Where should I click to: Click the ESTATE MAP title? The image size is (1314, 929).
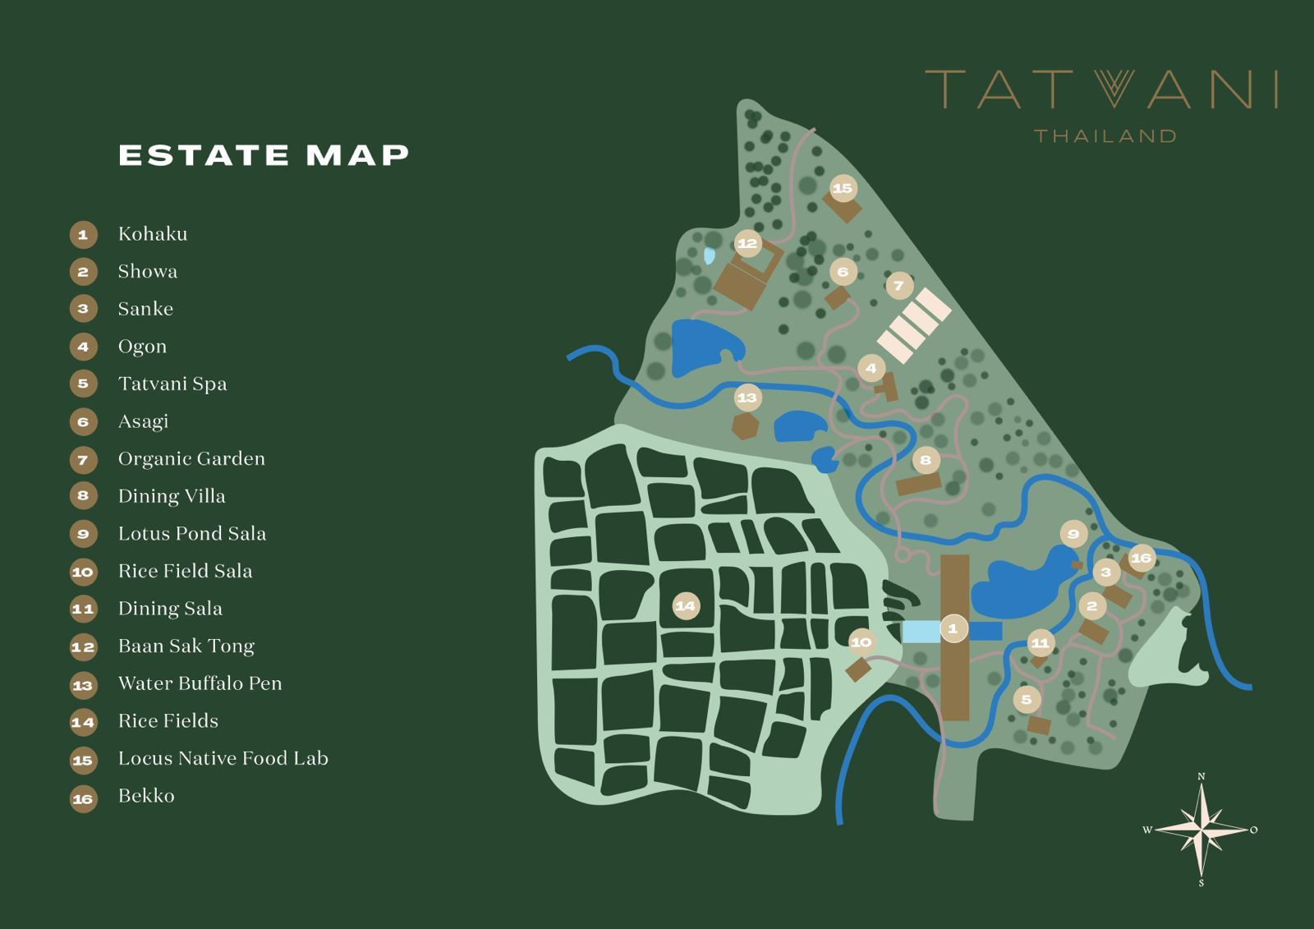click(264, 155)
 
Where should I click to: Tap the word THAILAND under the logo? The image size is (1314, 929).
click(1105, 136)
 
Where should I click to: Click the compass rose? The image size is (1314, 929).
click(1201, 830)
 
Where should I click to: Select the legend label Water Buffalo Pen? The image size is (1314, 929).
click(200, 683)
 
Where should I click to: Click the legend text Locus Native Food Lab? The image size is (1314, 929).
click(223, 758)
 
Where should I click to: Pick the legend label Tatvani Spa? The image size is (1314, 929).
click(172, 384)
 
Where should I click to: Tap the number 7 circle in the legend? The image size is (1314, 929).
click(83, 460)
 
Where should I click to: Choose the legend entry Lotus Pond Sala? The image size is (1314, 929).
click(192, 533)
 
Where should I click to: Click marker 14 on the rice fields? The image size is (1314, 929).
click(685, 606)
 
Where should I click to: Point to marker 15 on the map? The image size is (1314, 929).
click(843, 188)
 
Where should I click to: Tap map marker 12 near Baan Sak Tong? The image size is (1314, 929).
click(747, 243)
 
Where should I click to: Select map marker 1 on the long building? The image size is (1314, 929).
click(953, 628)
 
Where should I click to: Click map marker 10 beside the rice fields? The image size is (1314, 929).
click(861, 642)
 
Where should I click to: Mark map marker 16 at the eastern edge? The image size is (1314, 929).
click(1141, 558)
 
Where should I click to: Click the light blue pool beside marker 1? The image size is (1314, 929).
click(921, 632)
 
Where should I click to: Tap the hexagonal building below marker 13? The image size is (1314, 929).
click(745, 426)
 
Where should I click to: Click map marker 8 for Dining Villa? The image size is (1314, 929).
click(926, 460)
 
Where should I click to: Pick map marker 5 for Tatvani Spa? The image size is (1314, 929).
click(1027, 700)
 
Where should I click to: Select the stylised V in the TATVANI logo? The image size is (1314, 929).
click(1114, 88)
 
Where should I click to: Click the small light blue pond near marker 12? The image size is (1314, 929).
click(709, 255)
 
